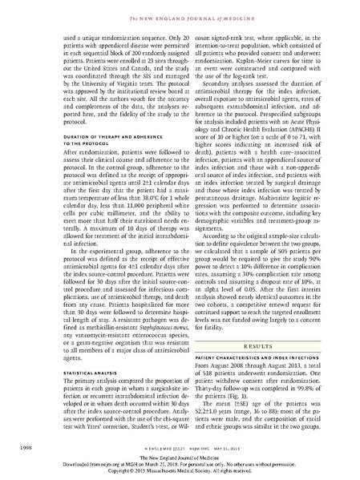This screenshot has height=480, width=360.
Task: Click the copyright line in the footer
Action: click(180, 471)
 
